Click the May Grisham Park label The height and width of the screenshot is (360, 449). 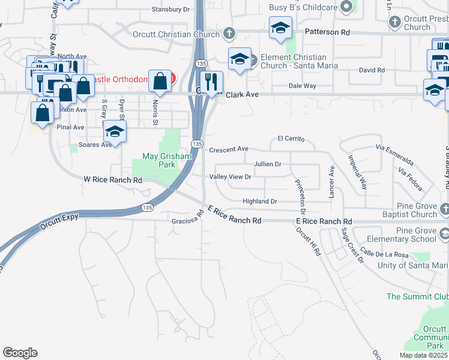(167, 160)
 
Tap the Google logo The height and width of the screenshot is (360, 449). (20, 353)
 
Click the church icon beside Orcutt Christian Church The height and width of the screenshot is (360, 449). (229, 33)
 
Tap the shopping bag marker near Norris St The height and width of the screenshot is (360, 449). (160, 80)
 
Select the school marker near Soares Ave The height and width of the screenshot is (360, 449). (114, 131)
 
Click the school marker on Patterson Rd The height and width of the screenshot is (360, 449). (280, 28)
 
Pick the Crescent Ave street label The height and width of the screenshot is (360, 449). (229, 149)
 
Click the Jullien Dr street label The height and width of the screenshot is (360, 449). (267, 164)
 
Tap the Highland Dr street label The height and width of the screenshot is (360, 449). (260, 202)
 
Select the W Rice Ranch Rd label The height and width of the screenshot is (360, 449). (113, 179)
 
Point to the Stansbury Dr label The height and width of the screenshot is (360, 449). (170, 10)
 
